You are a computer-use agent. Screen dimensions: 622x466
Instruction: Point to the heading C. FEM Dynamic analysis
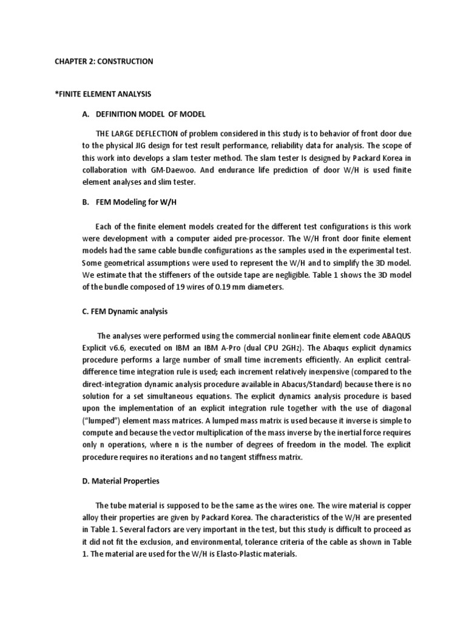[x=126, y=312]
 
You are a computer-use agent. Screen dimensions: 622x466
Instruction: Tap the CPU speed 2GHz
[x=288, y=348]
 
